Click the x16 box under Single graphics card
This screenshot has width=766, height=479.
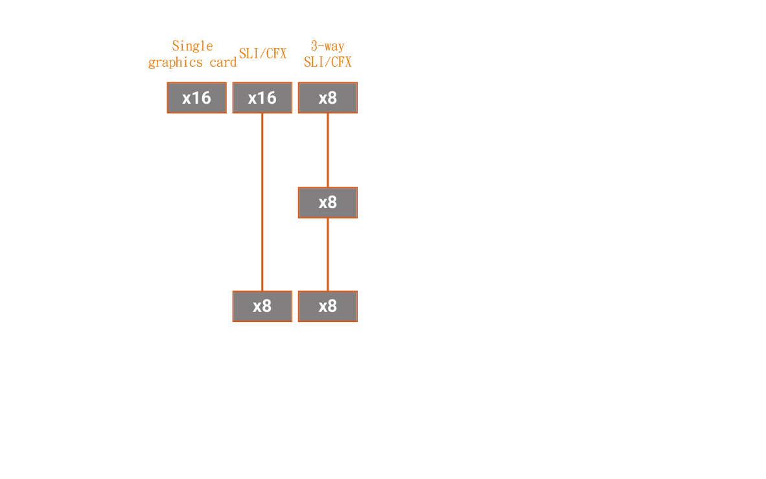[197, 98]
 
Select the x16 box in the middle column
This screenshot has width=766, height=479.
[262, 98]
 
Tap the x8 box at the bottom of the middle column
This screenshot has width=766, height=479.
[262, 307]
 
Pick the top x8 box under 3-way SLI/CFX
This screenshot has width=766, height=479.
[328, 98]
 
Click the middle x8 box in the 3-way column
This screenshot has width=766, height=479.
[328, 202]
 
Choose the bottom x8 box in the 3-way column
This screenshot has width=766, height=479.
[328, 307]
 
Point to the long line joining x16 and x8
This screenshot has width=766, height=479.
[262, 202]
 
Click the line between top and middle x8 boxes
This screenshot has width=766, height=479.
[328, 150]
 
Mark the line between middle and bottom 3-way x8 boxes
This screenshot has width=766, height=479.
[328, 255]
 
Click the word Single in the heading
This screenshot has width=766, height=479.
[192, 47]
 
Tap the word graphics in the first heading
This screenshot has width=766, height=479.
[176, 63]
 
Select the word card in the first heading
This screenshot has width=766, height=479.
[223, 63]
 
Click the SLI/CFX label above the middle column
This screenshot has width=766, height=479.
[263, 54]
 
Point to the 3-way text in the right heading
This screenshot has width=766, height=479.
[328, 46]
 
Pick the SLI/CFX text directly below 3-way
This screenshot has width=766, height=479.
[328, 62]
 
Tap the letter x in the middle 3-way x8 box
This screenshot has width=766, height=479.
[323, 204]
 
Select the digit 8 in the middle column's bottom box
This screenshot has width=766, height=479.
[267, 307]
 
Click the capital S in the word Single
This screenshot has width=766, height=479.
[176, 46]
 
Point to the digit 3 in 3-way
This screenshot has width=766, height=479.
[314, 46]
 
